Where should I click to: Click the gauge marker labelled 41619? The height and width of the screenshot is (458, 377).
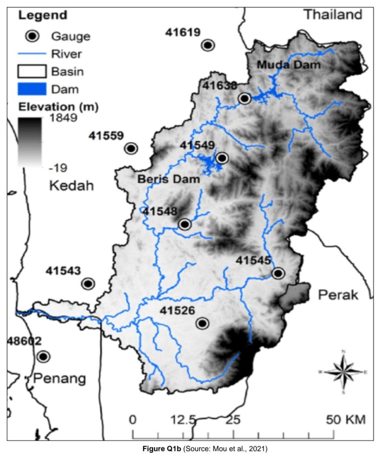pos(208,45)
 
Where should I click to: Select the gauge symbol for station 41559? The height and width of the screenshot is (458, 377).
pos(131,148)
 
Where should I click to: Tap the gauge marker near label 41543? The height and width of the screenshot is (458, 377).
pos(88,283)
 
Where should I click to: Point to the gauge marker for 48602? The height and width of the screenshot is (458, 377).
pos(43,356)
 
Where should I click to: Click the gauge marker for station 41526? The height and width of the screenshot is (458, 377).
pos(202,323)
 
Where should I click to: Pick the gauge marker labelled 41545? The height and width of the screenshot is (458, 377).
pos(278,273)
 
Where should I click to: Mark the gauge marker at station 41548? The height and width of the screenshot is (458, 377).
pos(184,224)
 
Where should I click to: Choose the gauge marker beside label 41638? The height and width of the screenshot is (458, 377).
pos(245,98)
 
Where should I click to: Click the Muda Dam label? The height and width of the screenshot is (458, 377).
pos(289,65)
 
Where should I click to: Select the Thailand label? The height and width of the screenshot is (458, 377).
pos(333,15)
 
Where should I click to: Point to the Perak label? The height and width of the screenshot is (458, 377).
pos(338,295)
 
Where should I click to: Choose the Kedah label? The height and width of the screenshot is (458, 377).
pos(72,186)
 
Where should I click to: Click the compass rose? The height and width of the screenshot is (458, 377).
pos(343,371)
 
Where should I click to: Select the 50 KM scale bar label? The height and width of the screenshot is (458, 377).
pos(346,419)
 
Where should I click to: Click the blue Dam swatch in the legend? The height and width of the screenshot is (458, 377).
pos(31,89)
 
